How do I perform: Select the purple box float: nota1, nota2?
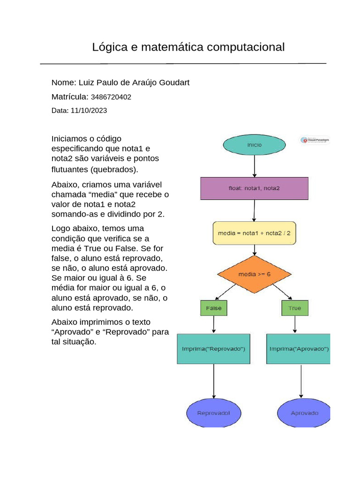[x=254, y=188]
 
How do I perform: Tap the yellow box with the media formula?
[x=254, y=232]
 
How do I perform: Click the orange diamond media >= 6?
[x=255, y=274]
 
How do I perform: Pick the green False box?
[x=214, y=308]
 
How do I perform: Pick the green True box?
[x=295, y=308]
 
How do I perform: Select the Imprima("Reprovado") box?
[x=213, y=349]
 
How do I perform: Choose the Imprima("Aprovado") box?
[x=298, y=349]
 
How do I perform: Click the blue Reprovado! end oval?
[x=213, y=413]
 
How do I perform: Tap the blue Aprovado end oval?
[x=304, y=413]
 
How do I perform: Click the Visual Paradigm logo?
[x=315, y=140]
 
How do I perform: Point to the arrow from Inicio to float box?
[x=255, y=166]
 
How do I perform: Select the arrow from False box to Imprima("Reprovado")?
[x=214, y=324]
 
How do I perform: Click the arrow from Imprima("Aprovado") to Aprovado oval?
[x=301, y=381]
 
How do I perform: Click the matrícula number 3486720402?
[x=111, y=97]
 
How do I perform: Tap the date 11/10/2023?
[x=89, y=111]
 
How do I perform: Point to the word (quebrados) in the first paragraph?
[x=114, y=169]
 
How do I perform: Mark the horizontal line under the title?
[x=183, y=63]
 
